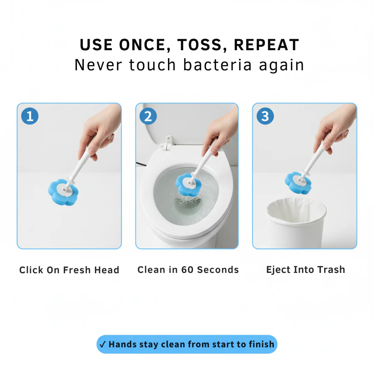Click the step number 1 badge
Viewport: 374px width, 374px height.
(30, 116)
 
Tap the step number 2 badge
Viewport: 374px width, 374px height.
(148, 116)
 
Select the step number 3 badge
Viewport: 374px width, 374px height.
(265, 116)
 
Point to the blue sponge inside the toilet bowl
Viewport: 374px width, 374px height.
(188, 184)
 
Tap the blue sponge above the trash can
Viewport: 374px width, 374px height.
(297, 182)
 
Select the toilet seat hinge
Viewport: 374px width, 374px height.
(168, 143)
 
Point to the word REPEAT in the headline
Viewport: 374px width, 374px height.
(266, 45)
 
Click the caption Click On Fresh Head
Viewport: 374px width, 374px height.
(69, 270)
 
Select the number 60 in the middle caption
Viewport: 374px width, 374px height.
(187, 270)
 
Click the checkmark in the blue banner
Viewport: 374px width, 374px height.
(103, 345)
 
